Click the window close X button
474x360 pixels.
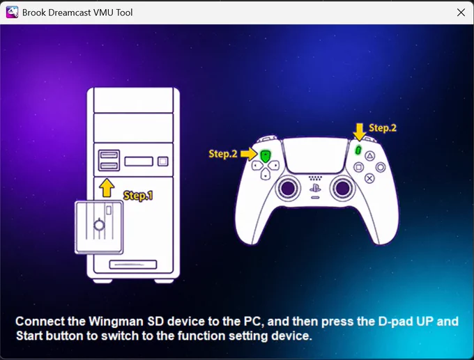[x=461, y=13]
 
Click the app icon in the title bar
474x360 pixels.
[x=12, y=13]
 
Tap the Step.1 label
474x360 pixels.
[x=138, y=196]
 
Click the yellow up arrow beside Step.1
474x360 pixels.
[x=107, y=187]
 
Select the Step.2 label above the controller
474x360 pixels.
[x=383, y=128]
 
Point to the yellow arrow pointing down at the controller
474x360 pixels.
[x=360, y=132]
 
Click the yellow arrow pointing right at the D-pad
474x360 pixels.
[x=249, y=154]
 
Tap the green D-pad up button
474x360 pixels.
[x=265, y=156]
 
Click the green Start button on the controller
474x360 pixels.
[x=358, y=150]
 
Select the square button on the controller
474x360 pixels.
[x=358, y=167]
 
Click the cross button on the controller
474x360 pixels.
[x=369, y=178]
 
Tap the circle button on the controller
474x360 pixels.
[x=381, y=167]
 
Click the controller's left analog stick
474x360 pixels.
[x=288, y=189]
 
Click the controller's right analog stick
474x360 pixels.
[x=342, y=189]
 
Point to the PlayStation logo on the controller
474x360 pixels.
[x=315, y=189]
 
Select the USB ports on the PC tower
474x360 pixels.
[x=109, y=160]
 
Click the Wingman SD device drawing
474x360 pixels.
[x=99, y=227]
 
